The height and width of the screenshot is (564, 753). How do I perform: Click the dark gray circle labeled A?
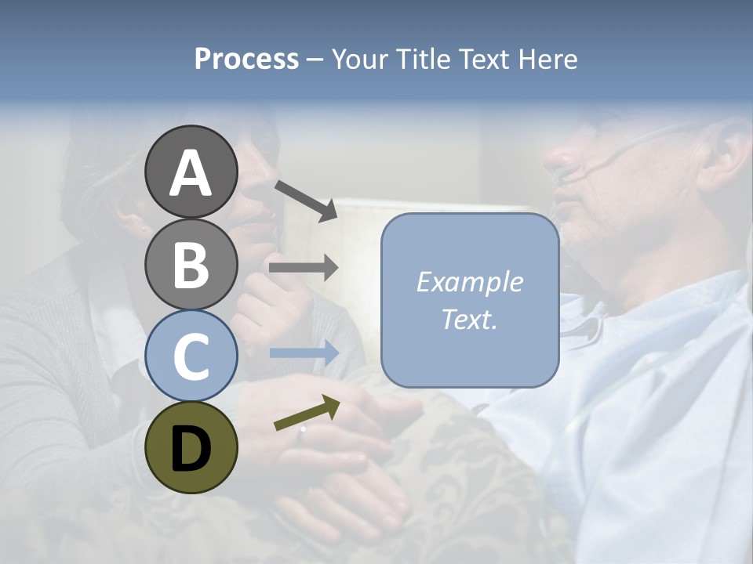pos(191,172)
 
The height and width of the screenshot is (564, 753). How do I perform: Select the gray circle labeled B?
pos(191,264)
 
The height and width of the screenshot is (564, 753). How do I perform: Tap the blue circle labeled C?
pos(191,356)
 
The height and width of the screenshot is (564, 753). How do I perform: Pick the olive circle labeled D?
pos(191,447)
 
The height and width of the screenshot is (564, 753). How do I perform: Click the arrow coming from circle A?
pos(306,201)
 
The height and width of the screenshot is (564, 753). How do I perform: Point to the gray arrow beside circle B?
pos(304,268)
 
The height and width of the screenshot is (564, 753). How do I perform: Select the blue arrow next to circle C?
pos(304,352)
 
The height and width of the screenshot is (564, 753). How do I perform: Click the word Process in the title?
pos(246,60)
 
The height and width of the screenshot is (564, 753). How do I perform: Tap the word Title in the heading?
pos(426,60)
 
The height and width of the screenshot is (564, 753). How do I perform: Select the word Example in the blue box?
pos(469,282)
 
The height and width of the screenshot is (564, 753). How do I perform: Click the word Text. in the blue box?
pos(469,319)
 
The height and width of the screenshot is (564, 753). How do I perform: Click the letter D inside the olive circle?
pos(191,449)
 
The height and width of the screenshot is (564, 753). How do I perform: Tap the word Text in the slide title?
pos(484,60)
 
